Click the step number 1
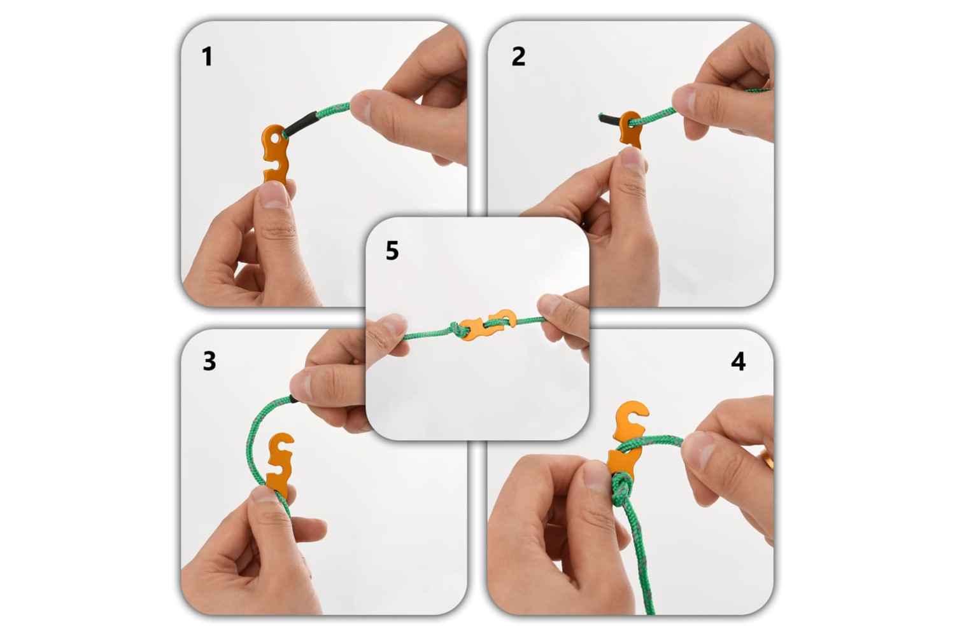tap(207, 57)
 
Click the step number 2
tap(518, 57)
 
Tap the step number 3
tap(209, 361)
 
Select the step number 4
tap(738, 362)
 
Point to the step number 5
tap(392, 251)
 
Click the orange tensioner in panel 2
tap(630, 130)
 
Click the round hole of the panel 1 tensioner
tap(275, 137)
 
